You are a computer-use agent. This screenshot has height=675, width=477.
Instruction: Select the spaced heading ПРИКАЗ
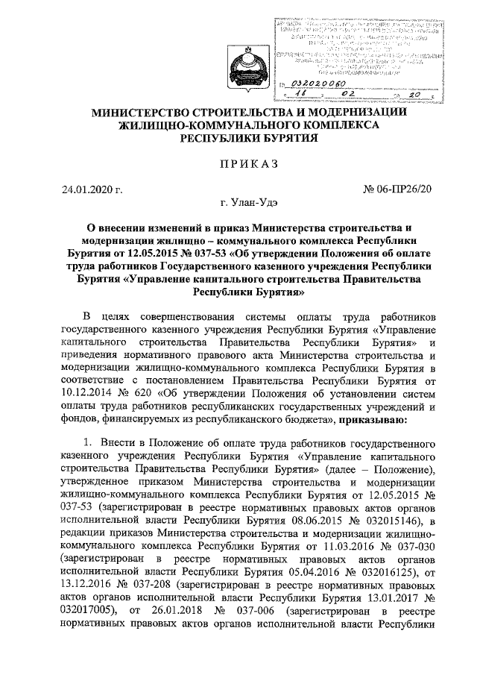[247, 163]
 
